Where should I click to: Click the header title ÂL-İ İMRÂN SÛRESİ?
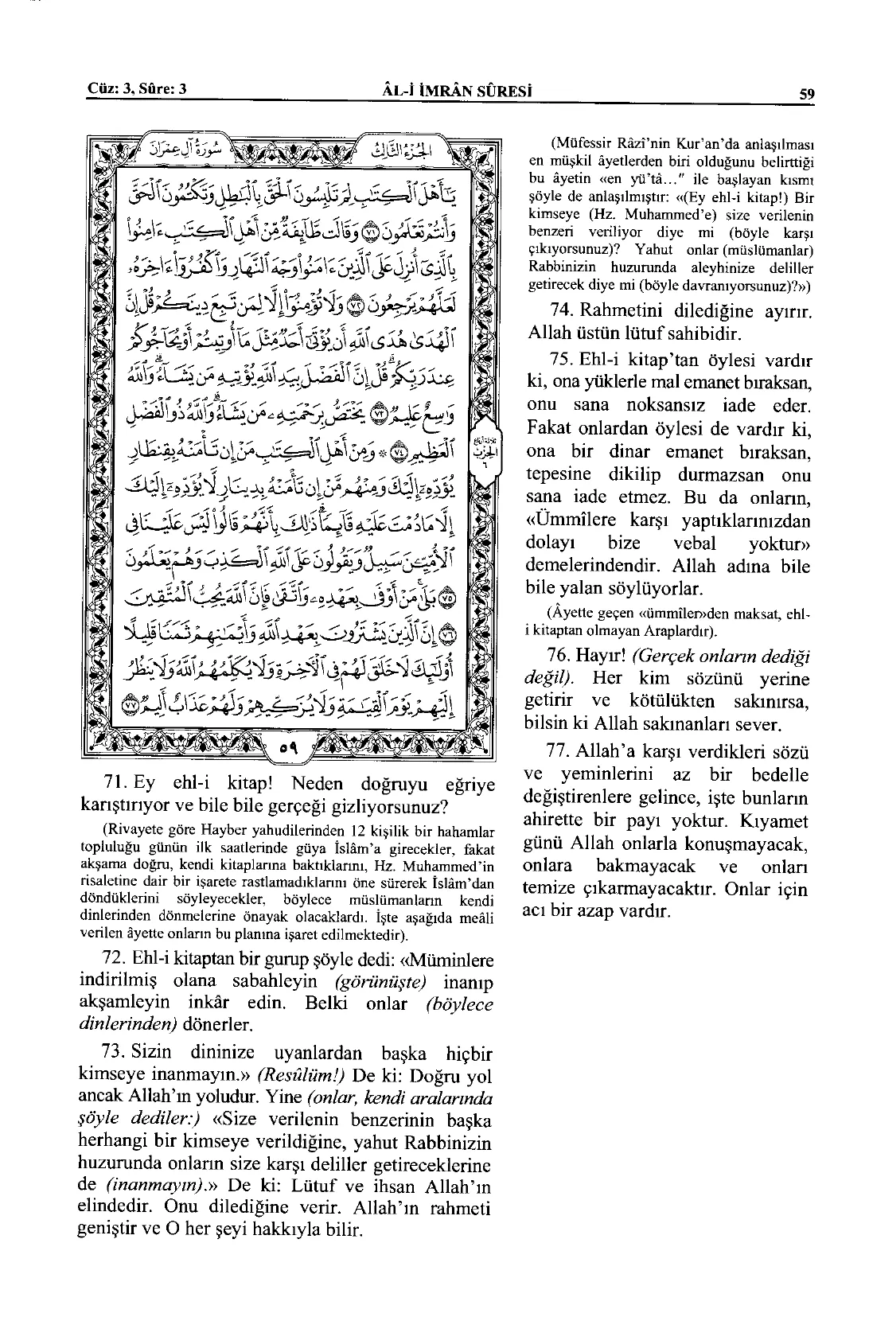tap(457, 90)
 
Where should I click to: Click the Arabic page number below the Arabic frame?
tap(288, 750)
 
